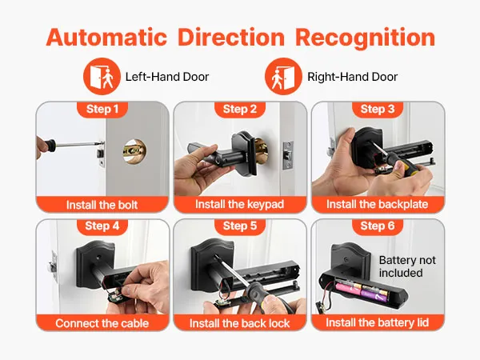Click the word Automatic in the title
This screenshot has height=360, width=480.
coord(106,37)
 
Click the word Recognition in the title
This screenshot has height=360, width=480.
coord(365,38)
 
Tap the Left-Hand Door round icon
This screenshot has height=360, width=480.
coord(102,76)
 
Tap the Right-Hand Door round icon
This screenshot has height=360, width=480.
coord(283,76)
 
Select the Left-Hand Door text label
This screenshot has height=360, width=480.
coord(167,77)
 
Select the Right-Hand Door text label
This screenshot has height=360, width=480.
coord(352,77)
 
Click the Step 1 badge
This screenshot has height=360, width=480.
coord(102,109)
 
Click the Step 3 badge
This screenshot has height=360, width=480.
coord(378,109)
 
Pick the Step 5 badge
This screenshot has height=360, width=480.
coord(240,226)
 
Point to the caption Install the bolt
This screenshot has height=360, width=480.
coord(102,205)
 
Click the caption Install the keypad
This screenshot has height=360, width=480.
coord(240,204)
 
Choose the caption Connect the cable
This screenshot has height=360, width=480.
coord(102,323)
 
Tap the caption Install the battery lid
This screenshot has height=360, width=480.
coord(377,322)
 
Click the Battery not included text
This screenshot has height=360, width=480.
coord(407,266)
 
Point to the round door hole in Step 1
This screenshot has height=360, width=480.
coord(134,151)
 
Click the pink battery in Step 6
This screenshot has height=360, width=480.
coord(350,288)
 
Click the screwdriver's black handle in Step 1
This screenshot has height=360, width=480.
coord(47,146)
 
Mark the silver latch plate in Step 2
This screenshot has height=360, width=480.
coord(287,155)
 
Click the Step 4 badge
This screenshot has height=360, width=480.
coord(102,226)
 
